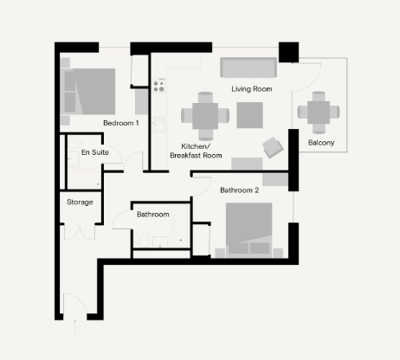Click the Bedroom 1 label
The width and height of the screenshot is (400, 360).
[x=120, y=123]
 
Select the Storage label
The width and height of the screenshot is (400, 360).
[x=80, y=202]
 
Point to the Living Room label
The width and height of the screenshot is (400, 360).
[x=252, y=89]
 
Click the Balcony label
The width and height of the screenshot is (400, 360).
[x=320, y=143]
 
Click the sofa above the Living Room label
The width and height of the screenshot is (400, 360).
[x=248, y=69]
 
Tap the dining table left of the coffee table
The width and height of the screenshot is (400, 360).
[x=205, y=114]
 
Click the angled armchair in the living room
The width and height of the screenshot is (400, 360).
[x=274, y=147]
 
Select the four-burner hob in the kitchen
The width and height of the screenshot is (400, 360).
[x=159, y=86]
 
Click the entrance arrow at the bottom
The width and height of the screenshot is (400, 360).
[x=76, y=324]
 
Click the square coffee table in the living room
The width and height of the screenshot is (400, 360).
[x=251, y=114]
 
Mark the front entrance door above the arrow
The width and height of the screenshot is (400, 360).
[x=74, y=303]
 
